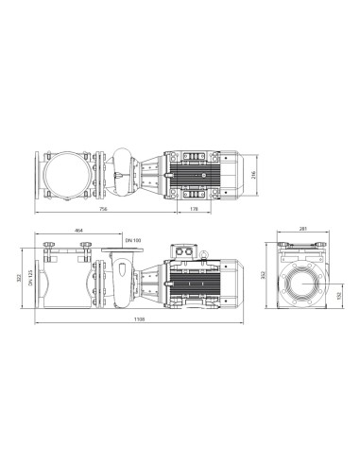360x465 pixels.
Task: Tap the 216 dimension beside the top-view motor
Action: (x=252, y=175)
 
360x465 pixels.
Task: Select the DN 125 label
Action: (x=31, y=280)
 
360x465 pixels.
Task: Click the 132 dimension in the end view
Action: (x=339, y=294)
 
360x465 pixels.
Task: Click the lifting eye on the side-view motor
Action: (x=201, y=252)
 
